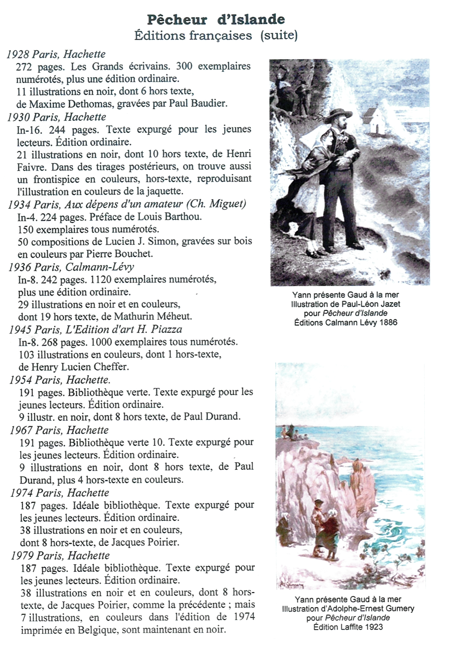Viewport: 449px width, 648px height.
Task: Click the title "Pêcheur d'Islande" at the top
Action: pos(216,19)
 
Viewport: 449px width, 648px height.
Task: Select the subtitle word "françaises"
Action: pos(220,35)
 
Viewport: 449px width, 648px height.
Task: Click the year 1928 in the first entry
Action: pos(18,54)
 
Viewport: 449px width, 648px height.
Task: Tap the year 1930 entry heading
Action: pos(56,117)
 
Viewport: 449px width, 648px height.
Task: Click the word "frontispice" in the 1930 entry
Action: pos(56,179)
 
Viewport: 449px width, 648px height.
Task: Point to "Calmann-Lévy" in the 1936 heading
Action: pos(100,267)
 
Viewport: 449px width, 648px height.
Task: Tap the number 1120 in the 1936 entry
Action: pos(101,280)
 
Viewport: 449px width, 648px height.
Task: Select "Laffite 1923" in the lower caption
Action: pos(361,627)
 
